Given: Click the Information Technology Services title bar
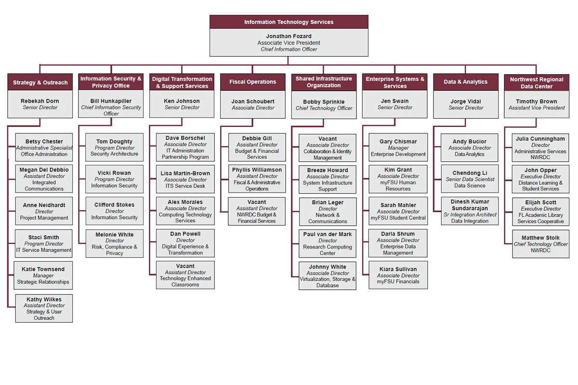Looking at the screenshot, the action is click(289, 22).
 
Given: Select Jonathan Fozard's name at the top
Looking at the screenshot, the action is click(289, 36).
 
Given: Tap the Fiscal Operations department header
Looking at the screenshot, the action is click(252, 82).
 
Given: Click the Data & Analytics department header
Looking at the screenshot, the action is click(465, 82).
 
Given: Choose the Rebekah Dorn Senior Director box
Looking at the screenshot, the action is click(40, 104).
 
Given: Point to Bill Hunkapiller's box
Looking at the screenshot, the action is click(111, 103).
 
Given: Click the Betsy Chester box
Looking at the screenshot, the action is click(44, 147).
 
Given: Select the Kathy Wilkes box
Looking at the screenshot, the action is click(44, 308).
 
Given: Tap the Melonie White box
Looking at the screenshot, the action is click(114, 244).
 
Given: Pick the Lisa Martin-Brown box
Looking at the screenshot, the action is click(185, 179).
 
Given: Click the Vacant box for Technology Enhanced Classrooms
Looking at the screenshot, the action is click(185, 275).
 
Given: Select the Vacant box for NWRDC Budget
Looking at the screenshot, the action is click(257, 211).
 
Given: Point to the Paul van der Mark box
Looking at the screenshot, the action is click(328, 244).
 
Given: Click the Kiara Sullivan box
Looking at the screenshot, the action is click(398, 275).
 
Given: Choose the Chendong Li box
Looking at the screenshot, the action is click(470, 179).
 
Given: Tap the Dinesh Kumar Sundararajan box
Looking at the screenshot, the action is click(470, 211).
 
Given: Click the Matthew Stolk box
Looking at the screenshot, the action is click(540, 244).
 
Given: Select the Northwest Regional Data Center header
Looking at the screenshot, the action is click(537, 83).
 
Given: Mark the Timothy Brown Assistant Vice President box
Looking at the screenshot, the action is click(537, 104).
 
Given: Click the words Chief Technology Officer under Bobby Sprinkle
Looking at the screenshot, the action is click(324, 108).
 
